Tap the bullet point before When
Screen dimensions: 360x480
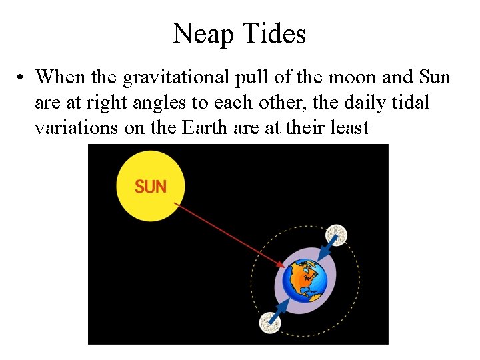23,78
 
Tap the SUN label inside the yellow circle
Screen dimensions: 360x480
151,187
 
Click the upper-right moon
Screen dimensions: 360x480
336,235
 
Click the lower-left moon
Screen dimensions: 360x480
270,323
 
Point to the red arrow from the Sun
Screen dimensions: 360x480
230,236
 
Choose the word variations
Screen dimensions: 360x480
75,127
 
